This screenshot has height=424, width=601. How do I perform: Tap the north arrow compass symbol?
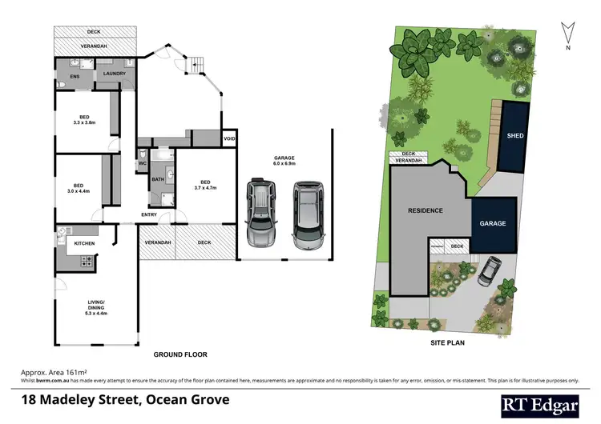coord(567,33)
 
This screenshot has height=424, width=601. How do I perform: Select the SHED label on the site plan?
coord(515,136)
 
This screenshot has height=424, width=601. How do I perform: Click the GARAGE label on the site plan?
coord(493,223)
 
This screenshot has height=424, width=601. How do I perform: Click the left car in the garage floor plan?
coord(263,213)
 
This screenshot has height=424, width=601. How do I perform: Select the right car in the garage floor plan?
coord(308,214)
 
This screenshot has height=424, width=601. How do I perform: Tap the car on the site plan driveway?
coord(490,270)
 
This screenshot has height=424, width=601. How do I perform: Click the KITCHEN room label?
coord(85,242)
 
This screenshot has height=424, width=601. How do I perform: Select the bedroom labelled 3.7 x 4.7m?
coord(206,184)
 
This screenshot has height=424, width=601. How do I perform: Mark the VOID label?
coord(229,139)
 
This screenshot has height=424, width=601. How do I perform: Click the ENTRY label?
coord(149,214)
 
